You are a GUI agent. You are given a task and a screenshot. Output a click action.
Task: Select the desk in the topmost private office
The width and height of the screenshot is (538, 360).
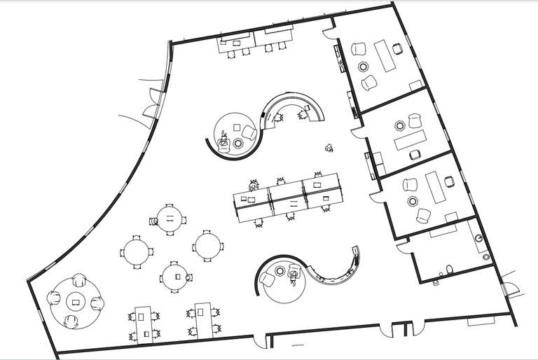pos(385,55)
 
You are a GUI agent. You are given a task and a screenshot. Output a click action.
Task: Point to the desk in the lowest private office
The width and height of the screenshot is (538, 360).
pos(435,188)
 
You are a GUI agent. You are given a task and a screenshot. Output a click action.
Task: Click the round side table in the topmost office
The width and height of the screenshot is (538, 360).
pos(364,67)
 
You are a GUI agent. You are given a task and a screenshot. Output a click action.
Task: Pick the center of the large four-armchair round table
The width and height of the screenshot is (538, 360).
pos(76,303)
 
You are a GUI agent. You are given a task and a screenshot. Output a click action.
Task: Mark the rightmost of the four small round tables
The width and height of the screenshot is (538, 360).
pos(208,246)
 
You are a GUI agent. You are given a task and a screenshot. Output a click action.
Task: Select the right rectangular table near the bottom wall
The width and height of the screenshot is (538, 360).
pos(204,319)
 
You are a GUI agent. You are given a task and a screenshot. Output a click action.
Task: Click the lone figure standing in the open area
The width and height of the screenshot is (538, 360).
pos(329,147)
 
